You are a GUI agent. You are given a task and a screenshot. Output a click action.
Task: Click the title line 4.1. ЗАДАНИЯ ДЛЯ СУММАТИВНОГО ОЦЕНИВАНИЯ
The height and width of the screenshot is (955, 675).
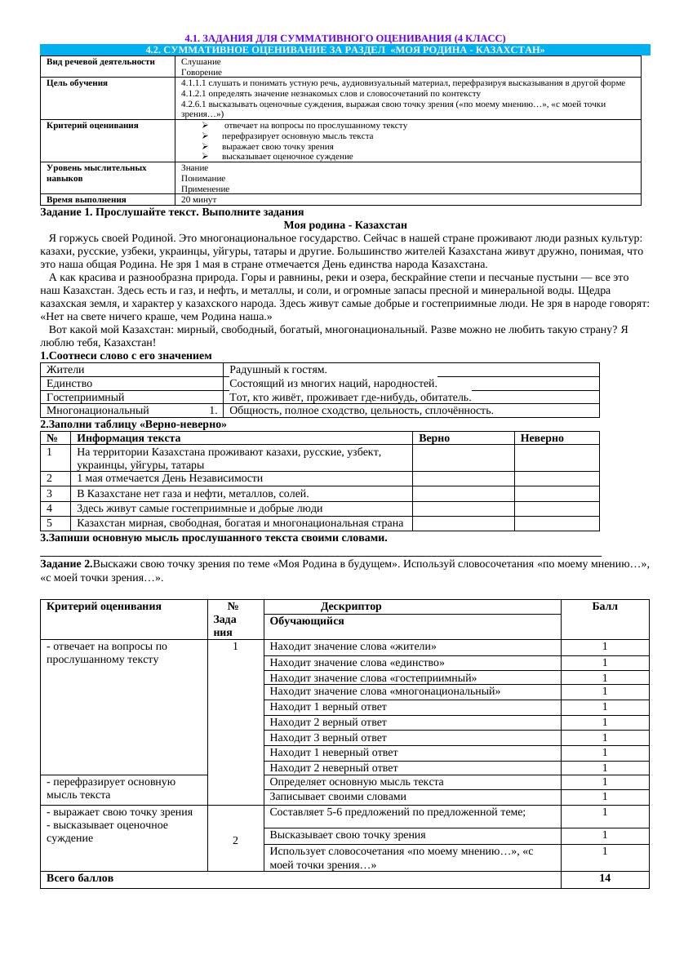click(345, 38)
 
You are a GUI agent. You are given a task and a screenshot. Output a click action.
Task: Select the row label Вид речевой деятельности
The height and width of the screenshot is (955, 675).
click(100, 61)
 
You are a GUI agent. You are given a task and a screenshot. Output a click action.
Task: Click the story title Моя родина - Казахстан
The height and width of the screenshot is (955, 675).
click(345, 224)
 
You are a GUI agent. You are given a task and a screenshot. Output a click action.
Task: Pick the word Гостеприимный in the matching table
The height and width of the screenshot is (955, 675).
click(89, 397)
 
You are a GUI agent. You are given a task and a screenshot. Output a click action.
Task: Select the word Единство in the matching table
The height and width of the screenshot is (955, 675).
click(69, 383)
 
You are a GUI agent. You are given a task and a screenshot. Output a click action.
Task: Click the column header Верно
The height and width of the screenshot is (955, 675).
click(434, 438)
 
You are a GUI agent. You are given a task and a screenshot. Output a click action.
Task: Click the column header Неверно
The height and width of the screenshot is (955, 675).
click(542, 438)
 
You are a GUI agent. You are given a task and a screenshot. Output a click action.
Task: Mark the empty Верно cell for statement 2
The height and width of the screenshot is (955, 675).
click(463, 478)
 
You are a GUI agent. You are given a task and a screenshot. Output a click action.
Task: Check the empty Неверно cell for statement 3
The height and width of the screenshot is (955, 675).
click(556, 494)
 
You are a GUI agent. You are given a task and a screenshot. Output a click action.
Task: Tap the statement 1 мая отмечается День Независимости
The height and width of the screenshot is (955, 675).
click(170, 478)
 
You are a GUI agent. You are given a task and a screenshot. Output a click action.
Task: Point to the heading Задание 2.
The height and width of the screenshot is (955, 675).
click(66, 564)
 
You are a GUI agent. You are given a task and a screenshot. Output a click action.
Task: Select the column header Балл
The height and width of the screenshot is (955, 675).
click(605, 606)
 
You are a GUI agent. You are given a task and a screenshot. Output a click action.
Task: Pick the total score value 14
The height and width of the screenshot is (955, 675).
click(605, 878)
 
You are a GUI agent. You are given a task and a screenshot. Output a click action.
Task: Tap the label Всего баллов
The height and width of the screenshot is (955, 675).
click(80, 878)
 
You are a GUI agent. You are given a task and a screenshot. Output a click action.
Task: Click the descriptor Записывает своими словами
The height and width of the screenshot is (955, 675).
click(337, 797)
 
